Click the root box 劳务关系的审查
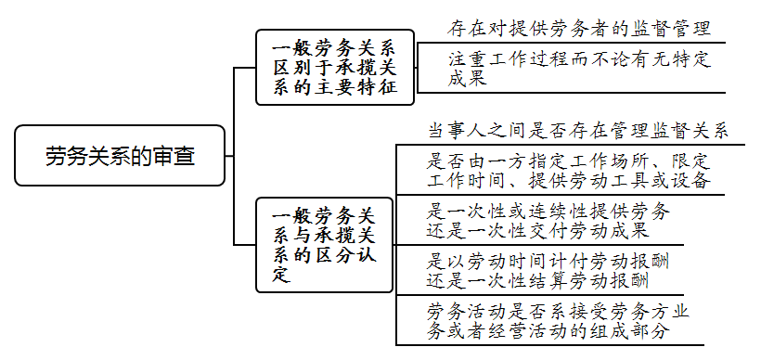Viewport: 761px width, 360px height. click(120, 156)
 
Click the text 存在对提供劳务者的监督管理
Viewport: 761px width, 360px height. click(580, 28)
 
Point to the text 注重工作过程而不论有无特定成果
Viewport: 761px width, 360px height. click(576, 69)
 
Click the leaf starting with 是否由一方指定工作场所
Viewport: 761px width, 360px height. click(568, 169)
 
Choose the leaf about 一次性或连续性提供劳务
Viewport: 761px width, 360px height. click(547, 220)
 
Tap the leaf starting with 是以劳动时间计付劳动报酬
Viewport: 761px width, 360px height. click(548, 270)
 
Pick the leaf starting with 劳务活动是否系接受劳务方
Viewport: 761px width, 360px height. click(556, 319)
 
